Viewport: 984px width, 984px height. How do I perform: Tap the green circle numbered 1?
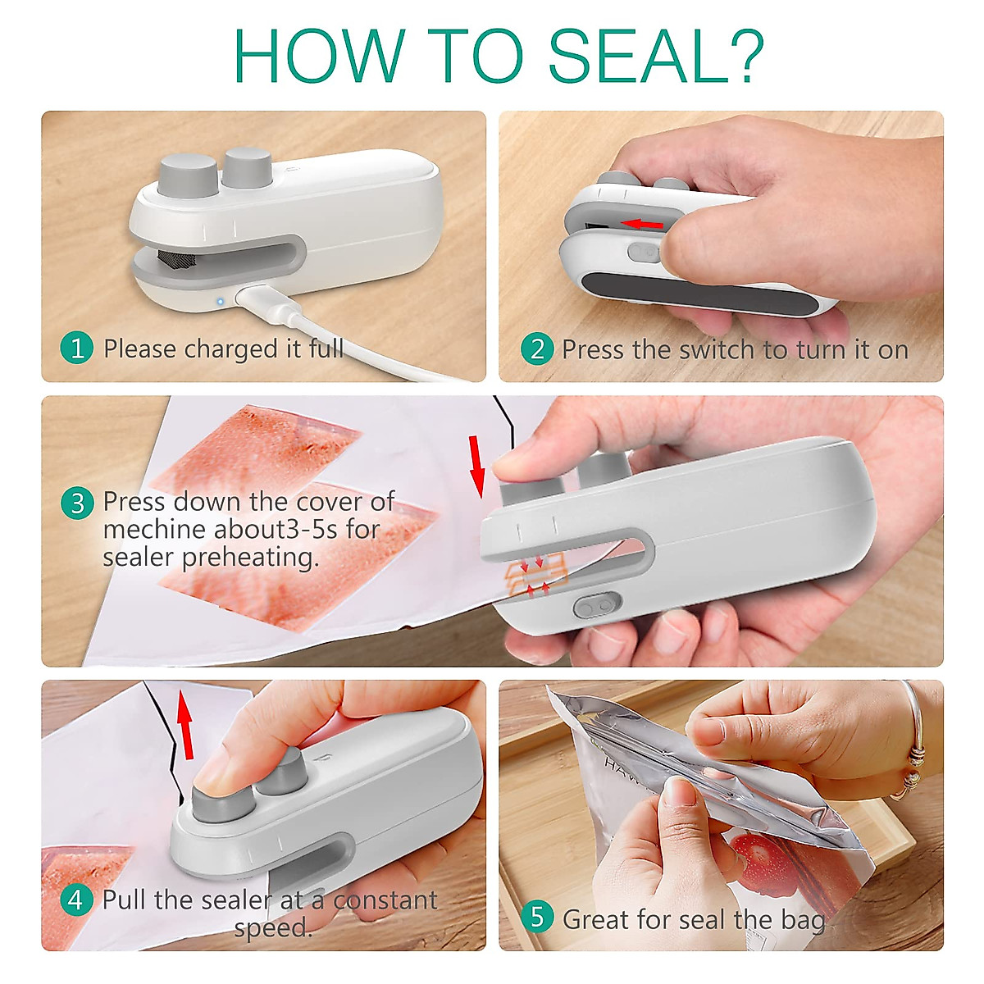[x=76, y=348]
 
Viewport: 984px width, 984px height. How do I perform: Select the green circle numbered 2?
[x=537, y=349]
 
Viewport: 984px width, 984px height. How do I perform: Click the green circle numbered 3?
[x=77, y=503]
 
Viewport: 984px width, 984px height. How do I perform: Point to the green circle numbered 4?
[x=76, y=900]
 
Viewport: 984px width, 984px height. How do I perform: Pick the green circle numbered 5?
[x=537, y=917]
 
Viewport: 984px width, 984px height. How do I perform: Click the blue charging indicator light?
[x=220, y=301]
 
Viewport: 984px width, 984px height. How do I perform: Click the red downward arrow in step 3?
[x=477, y=467]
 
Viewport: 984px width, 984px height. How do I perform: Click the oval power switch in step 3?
[x=597, y=606]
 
